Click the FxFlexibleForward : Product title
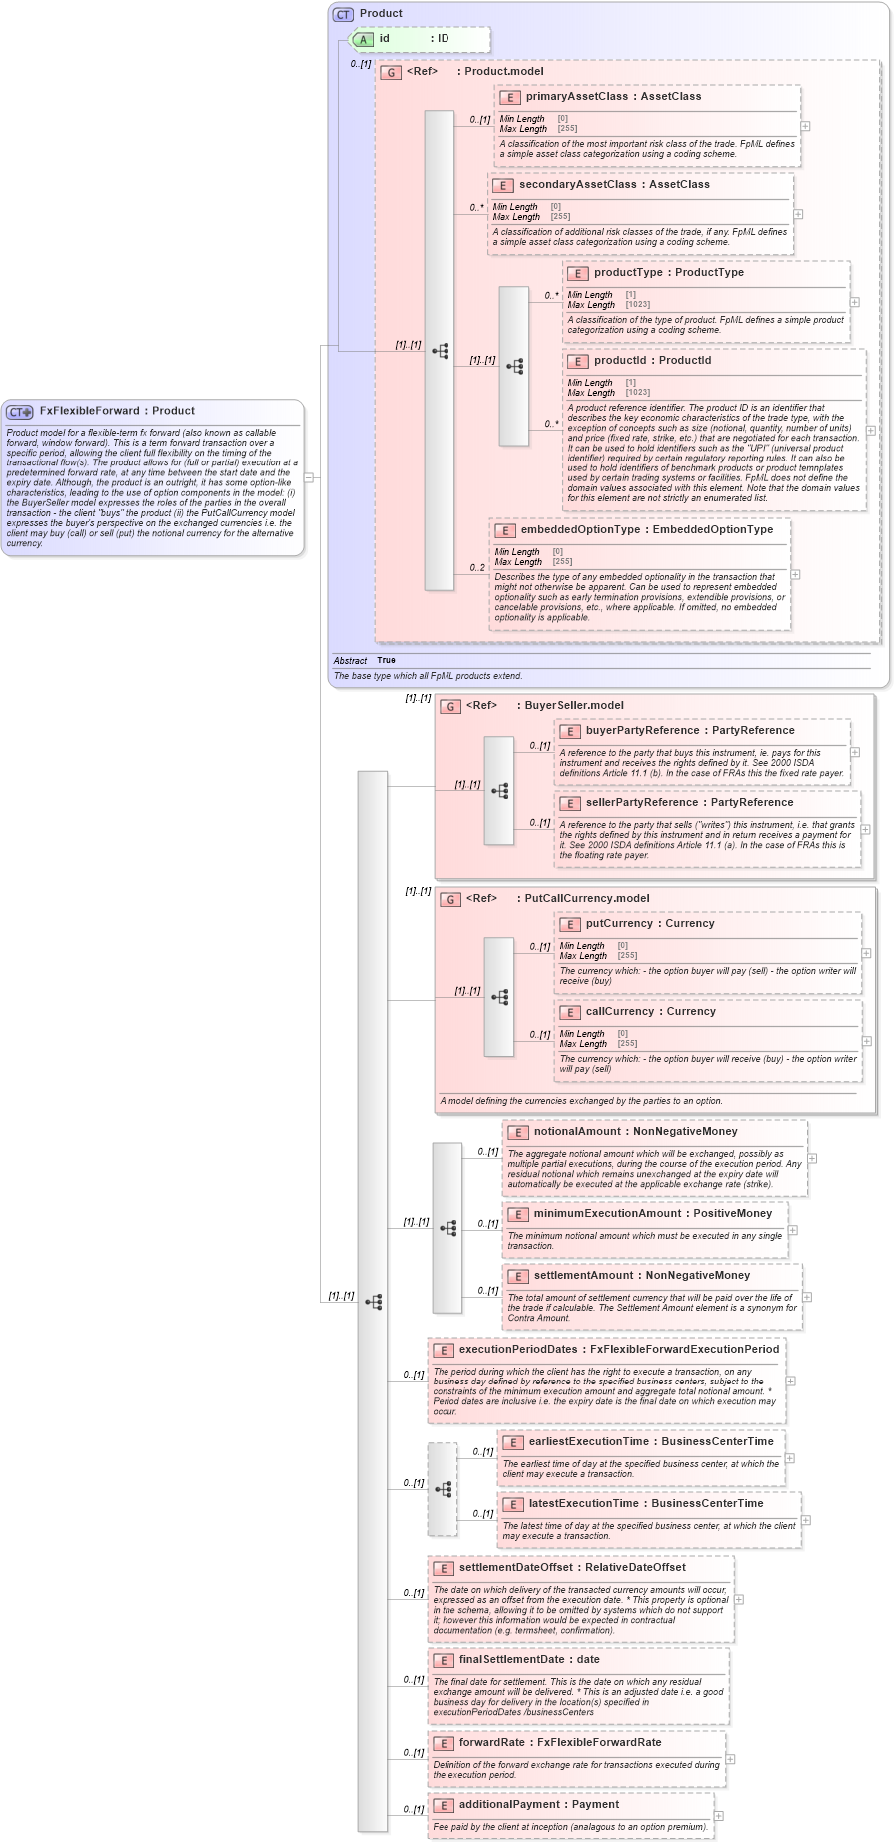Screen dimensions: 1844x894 click(x=117, y=411)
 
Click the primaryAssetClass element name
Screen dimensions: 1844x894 click(x=576, y=97)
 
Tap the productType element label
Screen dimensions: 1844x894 click(x=628, y=273)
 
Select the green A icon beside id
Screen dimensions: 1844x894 click(x=365, y=39)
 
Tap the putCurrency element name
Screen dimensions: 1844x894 click(x=619, y=924)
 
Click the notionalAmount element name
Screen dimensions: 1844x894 click(x=580, y=1132)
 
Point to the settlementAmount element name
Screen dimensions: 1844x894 click(x=585, y=1276)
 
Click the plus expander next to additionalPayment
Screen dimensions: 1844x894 click(x=718, y=1816)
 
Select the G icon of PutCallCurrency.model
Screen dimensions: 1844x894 click(x=450, y=899)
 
